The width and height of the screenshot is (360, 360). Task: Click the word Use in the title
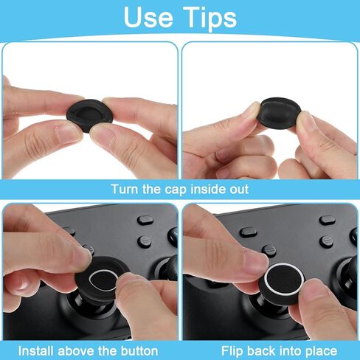coord(148,17)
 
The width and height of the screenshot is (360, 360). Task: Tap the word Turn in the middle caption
coord(125,189)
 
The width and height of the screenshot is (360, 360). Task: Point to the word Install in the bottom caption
coord(36,351)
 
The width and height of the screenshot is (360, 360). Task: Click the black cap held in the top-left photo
coord(90,115)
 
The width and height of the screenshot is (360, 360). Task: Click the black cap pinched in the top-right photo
coord(280,112)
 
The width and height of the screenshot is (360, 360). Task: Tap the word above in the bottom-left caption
coord(77,351)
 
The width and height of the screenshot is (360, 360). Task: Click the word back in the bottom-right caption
coord(260,351)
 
